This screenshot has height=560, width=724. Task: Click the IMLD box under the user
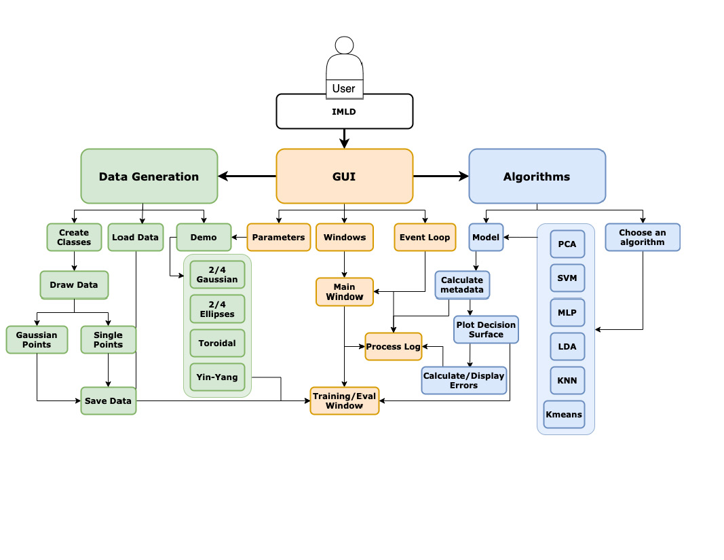click(x=344, y=111)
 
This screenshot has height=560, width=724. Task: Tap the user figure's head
click(x=344, y=45)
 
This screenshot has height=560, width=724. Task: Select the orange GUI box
click(x=344, y=176)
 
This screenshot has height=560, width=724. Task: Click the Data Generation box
click(x=149, y=176)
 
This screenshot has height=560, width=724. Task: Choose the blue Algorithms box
click(x=537, y=176)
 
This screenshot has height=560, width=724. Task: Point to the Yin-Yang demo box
click(x=217, y=377)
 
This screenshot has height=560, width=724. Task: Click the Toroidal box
click(x=217, y=343)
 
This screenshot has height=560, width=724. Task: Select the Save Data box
click(x=108, y=400)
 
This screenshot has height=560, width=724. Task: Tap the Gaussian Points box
click(x=37, y=339)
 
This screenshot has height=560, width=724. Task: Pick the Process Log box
click(x=393, y=346)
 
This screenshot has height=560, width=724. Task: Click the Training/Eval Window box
click(x=344, y=400)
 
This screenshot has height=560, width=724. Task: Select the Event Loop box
click(x=425, y=238)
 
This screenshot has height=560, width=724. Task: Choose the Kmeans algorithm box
click(x=564, y=414)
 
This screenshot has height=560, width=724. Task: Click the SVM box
click(x=567, y=278)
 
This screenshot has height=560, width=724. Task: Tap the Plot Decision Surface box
click(x=486, y=329)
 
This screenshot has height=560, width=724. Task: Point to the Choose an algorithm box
click(x=642, y=238)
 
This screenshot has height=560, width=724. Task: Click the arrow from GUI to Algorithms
click(x=441, y=176)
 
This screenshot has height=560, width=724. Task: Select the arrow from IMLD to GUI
click(x=344, y=138)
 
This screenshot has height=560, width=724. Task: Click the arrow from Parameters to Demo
click(x=239, y=238)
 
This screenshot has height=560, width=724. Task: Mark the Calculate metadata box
click(x=461, y=284)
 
